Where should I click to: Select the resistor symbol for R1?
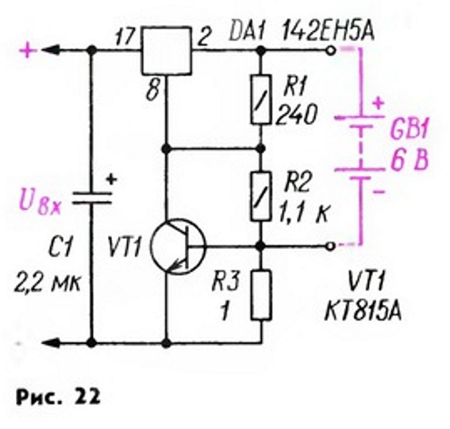pyautogui.click(x=260, y=99)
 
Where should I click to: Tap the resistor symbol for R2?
pyautogui.click(x=260, y=196)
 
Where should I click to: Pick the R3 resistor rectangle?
pyautogui.click(x=261, y=296)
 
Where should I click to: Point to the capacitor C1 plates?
pyautogui.click(x=92, y=199)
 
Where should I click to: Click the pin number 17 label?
pyautogui.click(x=125, y=37)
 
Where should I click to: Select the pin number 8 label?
pyautogui.click(x=152, y=91)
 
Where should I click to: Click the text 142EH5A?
pyautogui.click(x=328, y=31)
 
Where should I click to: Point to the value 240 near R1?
pyautogui.click(x=296, y=114)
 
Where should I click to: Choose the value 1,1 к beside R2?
pyautogui.click(x=303, y=213)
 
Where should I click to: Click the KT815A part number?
pyautogui.click(x=363, y=311)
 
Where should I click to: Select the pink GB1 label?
pyautogui.click(x=409, y=131)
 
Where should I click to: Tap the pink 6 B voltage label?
pyautogui.click(x=410, y=160)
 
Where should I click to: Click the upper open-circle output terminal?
pyautogui.click(x=331, y=51)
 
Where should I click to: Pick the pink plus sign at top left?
pyautogui.click(x=28, y=51)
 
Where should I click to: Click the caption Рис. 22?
pyautogui.click(x=58, y=396)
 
